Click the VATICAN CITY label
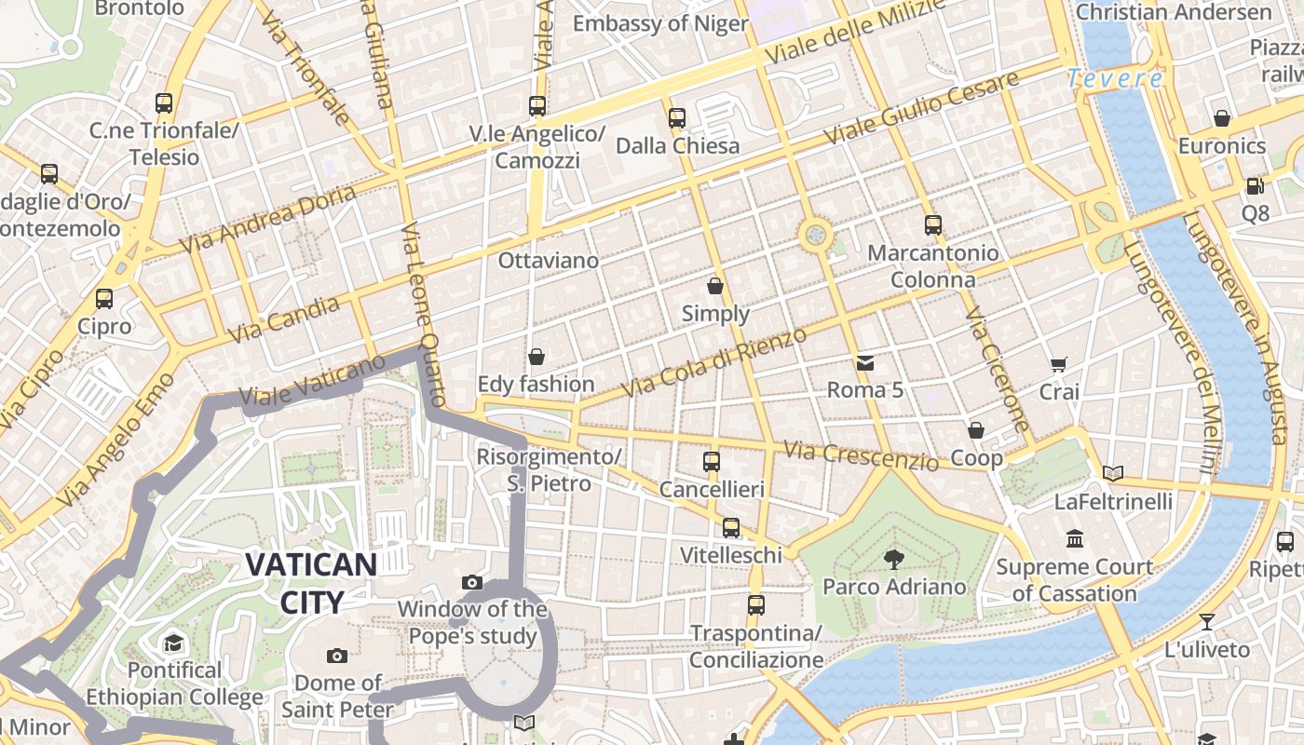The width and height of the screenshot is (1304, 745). click(x=311, y=583)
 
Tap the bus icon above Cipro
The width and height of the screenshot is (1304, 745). click(x=104, y=299)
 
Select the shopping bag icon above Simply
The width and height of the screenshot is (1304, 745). click(x=715, y=285)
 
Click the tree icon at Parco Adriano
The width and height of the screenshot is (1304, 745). click(x=893, y=560)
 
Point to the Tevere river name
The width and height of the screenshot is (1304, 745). click(x=1115, y=79)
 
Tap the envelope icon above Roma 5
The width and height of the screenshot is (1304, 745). click(x=865, y=361)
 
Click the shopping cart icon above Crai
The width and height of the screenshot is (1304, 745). click(x=1058, y=364)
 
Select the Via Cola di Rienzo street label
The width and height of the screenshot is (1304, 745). click(x=713, y=363)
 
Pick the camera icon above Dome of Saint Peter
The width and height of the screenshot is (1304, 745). click(x=337, y=656)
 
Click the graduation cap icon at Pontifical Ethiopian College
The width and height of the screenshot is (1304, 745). click(x=173, y=643)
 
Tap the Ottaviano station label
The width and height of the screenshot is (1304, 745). click(x=548, y=260)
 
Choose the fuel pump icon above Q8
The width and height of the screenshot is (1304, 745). click(x=1255, y=186)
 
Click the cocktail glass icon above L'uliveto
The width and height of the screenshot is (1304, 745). click(x=1207, y=622)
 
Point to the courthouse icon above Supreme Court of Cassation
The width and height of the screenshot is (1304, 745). click(x=1075, y=539)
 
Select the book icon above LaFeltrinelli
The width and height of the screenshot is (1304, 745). click(x=1113, y=473)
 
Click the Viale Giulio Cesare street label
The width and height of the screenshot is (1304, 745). click(x=922, y=109)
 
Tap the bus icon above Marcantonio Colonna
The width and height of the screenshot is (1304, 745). click(x=933, y=225)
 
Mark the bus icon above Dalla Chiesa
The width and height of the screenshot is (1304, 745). click(x=677, y=118)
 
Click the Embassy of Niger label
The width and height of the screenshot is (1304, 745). click(x=660, y=23)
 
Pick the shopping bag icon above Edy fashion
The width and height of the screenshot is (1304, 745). click(x=537, y=357)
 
